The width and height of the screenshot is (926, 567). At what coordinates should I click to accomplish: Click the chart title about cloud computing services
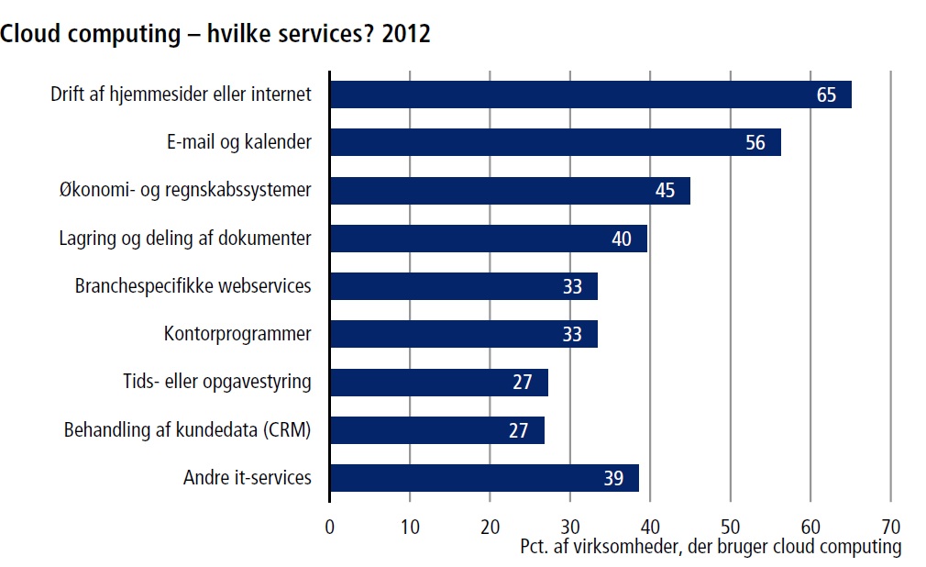[x=215, y=34]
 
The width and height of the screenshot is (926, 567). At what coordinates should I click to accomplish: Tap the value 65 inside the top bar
[x=826, y=94]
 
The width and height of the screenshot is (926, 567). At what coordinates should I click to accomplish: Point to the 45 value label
[x=665, y=191]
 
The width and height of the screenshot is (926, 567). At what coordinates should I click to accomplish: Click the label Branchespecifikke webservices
[x=193, y=286]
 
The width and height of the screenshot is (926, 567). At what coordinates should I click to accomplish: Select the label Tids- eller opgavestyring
[x=217, y=382]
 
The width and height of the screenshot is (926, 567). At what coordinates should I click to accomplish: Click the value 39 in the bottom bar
[x=613, y=478]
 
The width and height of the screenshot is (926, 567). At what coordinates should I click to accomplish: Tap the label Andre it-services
[x=248, y=478]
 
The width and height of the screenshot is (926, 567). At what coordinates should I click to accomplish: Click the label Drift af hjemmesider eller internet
[x=182, y=94]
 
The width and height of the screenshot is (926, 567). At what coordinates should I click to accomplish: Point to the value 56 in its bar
[x=755, y=143]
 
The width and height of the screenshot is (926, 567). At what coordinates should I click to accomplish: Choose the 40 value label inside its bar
[x=622, y=239]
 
